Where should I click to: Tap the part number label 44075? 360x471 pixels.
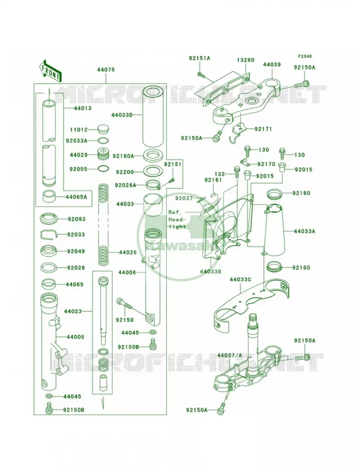[106, 69]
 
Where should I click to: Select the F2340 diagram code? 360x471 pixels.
[305, 56]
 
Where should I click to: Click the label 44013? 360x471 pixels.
[82, 108]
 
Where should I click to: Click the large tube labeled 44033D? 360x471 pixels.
[153, 117]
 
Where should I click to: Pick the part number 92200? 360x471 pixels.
[125, 173]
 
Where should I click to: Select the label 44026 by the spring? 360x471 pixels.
[128, 253]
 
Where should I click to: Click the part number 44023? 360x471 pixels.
[72, 311]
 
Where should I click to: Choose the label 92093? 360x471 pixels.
[76, 219]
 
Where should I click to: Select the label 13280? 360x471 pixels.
[245, 60]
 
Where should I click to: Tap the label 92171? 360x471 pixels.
[263, 129]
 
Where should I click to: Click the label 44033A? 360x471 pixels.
[305, 231]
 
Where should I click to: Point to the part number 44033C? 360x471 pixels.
[240, 279]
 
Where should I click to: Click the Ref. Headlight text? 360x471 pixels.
[177, 219]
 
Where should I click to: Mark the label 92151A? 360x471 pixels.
[200, 58]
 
